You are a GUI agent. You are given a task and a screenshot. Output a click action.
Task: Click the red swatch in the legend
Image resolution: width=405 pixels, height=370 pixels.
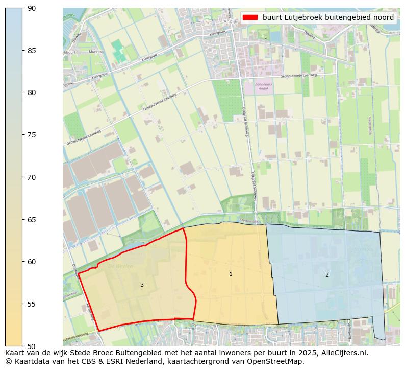[250, 17]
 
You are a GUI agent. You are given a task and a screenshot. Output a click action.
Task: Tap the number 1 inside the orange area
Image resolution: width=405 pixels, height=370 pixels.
[231, 274]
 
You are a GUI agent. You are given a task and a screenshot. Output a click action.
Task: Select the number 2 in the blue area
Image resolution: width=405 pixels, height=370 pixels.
[327, 275]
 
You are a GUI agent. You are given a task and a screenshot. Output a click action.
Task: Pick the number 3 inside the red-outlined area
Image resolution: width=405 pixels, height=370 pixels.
[142, 285]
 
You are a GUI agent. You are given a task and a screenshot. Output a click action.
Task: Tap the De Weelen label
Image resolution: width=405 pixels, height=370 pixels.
[120, 266]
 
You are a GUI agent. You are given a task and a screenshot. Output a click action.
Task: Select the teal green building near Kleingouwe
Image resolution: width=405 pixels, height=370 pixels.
[118, 51]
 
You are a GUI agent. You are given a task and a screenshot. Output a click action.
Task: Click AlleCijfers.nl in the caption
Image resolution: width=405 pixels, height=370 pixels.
[340, 353]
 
